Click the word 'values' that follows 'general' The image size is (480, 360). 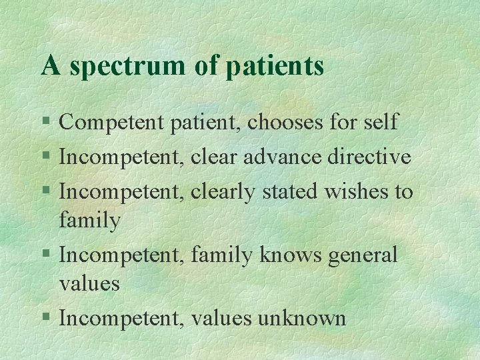[x=89, y=284]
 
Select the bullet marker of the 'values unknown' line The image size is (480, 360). [x=45, y=319]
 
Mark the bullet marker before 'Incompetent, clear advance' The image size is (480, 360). [x=45, y=158]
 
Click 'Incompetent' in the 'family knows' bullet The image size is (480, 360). [x=122, y=255]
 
